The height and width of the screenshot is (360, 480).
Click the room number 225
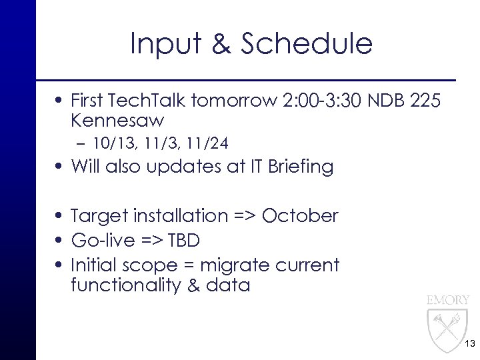point(424,101)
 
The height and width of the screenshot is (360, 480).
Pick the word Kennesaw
point(117,121)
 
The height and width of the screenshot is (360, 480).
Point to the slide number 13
point(468,344)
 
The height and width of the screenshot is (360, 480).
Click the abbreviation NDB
point(377,101)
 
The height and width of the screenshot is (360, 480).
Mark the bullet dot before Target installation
point(60,217)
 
